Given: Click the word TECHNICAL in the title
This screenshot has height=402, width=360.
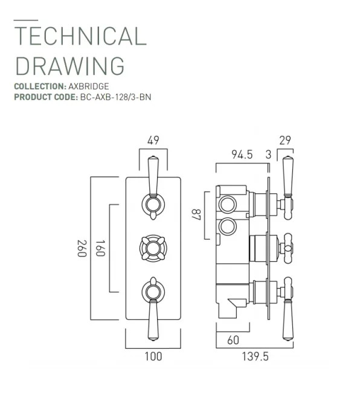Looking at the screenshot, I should tap(80, 36).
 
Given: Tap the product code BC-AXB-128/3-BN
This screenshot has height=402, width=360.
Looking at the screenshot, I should tap(115, 96).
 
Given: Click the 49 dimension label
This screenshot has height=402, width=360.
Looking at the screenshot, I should tap(153, 141).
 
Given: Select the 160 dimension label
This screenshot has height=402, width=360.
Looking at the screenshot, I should tap(100, 248).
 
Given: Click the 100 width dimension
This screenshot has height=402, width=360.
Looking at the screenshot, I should tap(153, 356).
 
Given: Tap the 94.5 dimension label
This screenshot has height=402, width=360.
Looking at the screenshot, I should tap(242, 155).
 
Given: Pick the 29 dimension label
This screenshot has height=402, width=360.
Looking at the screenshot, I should tap(285, 141).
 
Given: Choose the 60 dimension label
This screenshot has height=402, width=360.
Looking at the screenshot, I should tap(233, 340).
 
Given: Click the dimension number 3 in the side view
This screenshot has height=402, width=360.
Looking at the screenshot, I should tap(269, 155).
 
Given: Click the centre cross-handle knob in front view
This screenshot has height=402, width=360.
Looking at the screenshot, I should tap(153, 247).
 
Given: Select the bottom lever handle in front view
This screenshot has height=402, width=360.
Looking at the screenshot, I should tap(153, 305).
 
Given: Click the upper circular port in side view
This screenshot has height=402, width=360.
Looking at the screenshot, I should tap(228, 203).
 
